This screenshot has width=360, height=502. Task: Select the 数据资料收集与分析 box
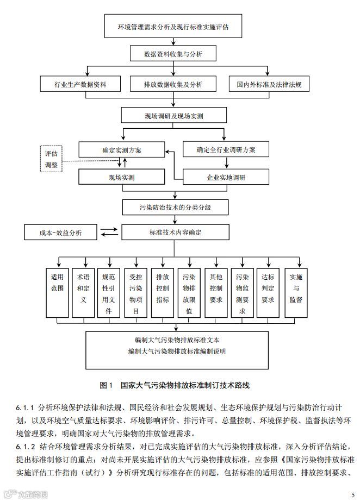coord(173,54)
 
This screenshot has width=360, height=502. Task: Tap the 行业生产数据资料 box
coord(80,84)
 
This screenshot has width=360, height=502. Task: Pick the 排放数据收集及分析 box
coord(173,84)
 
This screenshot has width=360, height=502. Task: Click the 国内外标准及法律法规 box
coord(269,84)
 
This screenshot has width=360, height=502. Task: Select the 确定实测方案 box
coord(121,149)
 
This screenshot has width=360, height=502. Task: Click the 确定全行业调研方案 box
coord(226,149)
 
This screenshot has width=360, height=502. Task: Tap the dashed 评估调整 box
coord(54,158)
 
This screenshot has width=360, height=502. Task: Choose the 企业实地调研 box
coord(226,177)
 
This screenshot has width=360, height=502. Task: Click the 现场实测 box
coord(121,177)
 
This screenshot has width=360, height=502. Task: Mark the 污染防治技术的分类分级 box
coord(174,207)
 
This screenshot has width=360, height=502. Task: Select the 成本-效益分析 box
coord(60,233)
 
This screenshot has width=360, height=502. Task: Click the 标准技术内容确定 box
coord(174,233)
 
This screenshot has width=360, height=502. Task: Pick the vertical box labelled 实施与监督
coord(295,292)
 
